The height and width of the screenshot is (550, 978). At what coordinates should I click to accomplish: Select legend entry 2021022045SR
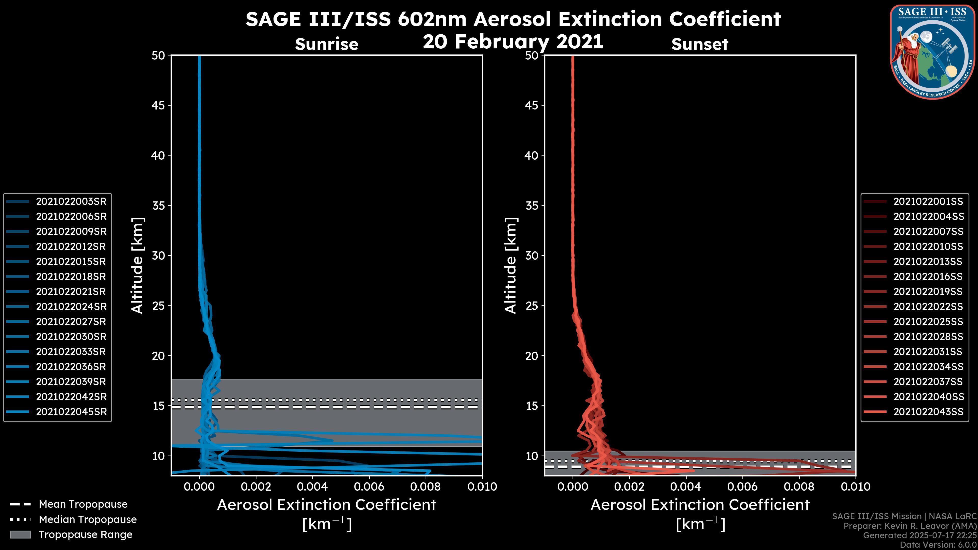point(71,412)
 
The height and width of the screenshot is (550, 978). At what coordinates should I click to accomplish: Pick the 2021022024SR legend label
point(71,307)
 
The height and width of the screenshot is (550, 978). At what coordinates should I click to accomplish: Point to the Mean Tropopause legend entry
point(83,504)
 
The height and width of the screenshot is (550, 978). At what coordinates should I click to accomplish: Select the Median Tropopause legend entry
point(87,520)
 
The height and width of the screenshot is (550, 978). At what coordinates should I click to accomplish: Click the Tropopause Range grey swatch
point(20,535)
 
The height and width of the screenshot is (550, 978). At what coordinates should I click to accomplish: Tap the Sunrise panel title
point(327,44)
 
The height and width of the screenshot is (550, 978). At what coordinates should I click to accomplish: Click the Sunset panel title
point(700,44)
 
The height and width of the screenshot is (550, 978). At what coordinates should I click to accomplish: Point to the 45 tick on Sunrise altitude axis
point(158,105)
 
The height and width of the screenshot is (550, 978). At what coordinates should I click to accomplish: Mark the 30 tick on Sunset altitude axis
point(532,255)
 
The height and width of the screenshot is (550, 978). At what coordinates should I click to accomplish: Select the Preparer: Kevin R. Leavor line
point(910,526)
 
